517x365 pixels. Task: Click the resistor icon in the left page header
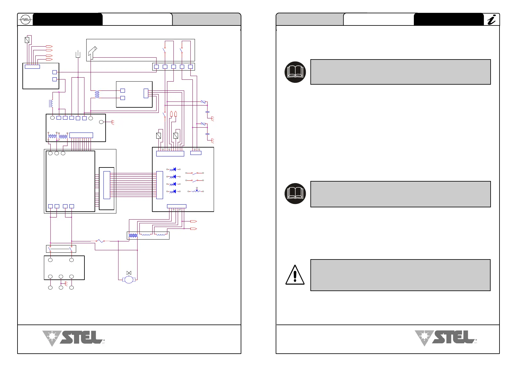click(x=25, y=20)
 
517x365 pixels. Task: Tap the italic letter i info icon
click(x=492, y=20)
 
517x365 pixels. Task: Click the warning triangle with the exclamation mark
click(x=295, y=275)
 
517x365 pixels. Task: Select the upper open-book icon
click(x=295, y=72)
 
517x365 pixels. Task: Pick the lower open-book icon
click(x=295, y=194)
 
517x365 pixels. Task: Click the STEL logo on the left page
click(x=74, y=338)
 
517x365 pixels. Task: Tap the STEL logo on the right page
click(x=446, y=338)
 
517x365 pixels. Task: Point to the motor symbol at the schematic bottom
click(x=129, y=279)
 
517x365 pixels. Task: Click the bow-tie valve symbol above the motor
click(x=129, y=273)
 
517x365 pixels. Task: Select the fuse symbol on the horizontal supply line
click(x=100, y=241)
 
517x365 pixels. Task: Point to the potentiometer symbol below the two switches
click(x=196, y=191)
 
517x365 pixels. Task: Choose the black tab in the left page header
click(x=68, y=19)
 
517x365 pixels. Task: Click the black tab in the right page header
click(x=448, y=19)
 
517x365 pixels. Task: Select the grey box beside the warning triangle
click(x=400, y=275)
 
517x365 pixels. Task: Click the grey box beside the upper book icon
click(x=400, y=72)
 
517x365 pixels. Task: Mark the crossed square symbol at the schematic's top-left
click(x=27, y=40)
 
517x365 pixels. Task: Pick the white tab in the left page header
click(x=137, y=19)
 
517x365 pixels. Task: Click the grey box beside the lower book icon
click(x=400, y=194)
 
